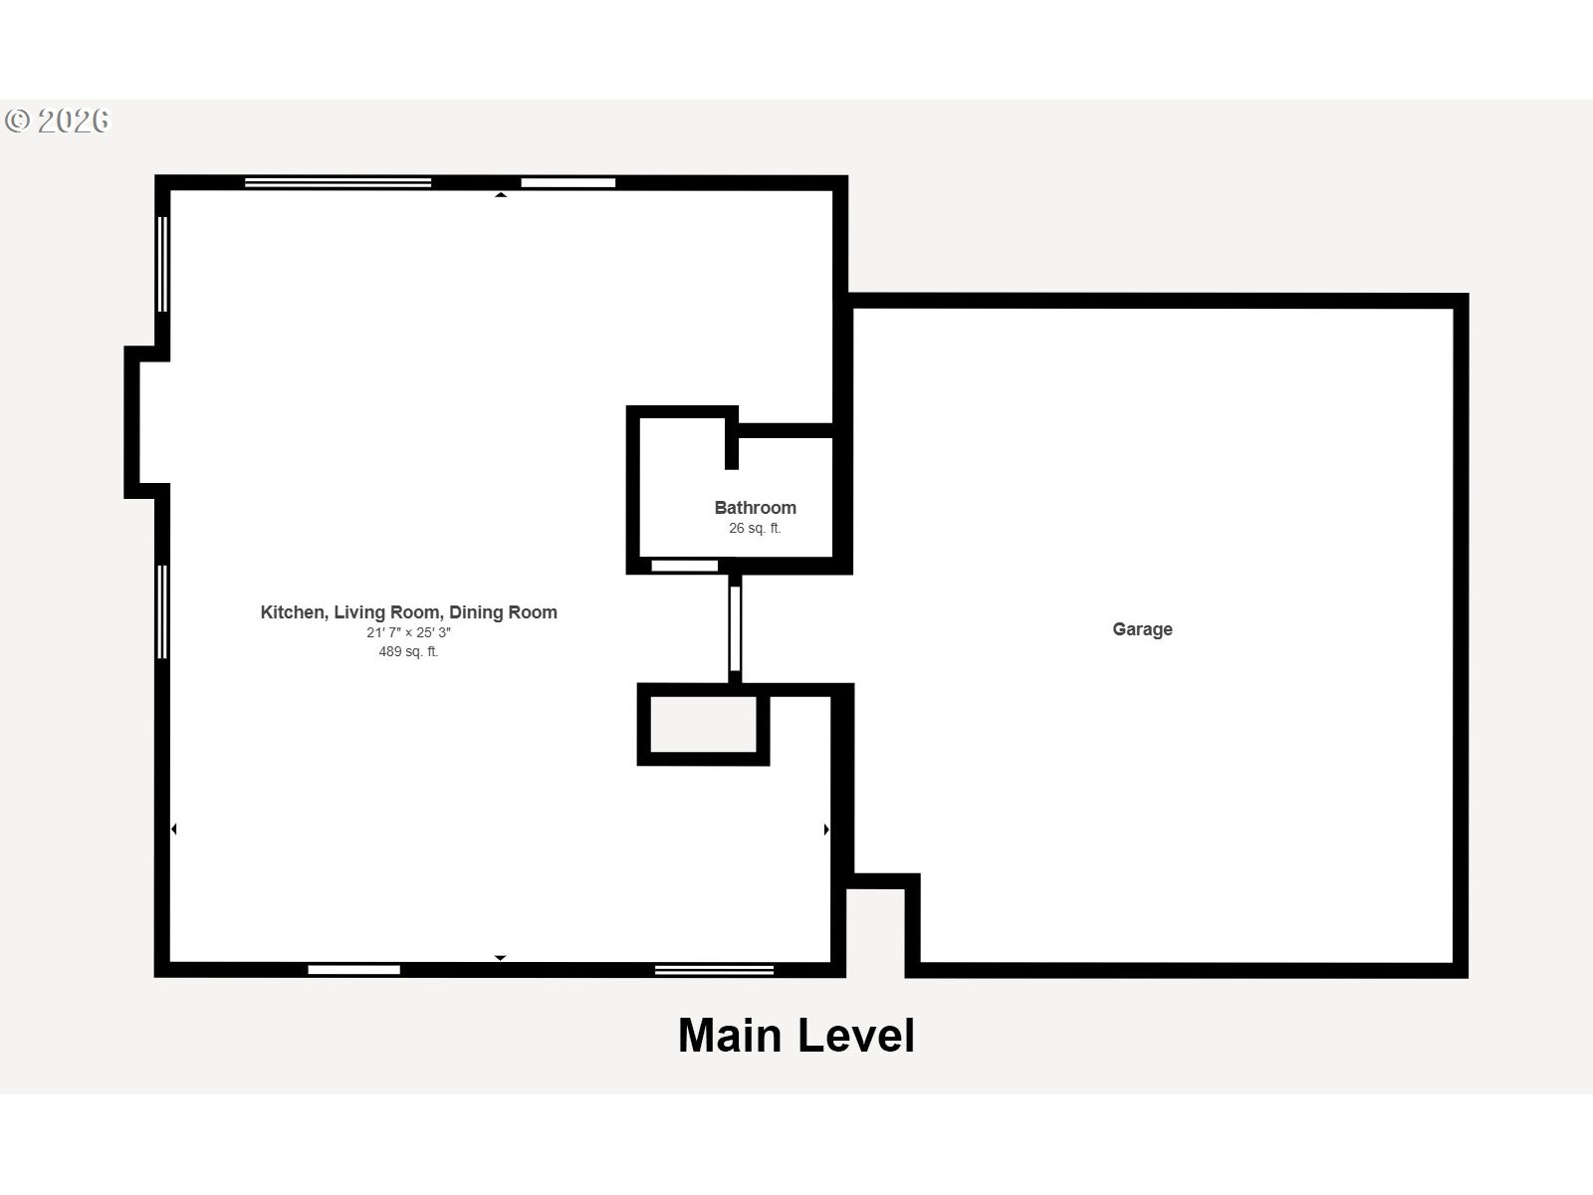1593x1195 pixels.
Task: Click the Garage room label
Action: [1142, 629]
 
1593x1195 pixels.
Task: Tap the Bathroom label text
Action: [755, 507]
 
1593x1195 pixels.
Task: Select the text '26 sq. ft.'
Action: [755, 528]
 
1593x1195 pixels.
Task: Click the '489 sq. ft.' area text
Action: [408, 651]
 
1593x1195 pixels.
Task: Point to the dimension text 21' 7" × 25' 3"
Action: [408, 632]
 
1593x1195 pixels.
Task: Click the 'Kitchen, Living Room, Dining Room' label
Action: [408, 612]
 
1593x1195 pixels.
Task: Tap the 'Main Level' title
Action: [796, 1036]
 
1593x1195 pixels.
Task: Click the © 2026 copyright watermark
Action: [57, 120]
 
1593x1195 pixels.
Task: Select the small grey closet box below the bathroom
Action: [703, 724]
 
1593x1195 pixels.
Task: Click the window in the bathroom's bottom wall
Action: [684, 566]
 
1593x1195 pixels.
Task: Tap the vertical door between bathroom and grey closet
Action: [735, 628]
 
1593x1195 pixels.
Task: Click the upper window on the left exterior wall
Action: [162, 264]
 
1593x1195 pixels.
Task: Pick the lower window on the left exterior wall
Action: [162, 612]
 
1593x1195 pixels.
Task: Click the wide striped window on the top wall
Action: [339, 183]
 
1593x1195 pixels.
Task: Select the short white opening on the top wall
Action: [569, 183]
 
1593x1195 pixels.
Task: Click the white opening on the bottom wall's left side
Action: [354, 970]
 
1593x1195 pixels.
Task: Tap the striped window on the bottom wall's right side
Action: [714, 970]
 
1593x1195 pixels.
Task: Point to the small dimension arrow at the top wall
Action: [501, 194]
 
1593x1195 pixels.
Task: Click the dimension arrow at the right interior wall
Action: [826, 830]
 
